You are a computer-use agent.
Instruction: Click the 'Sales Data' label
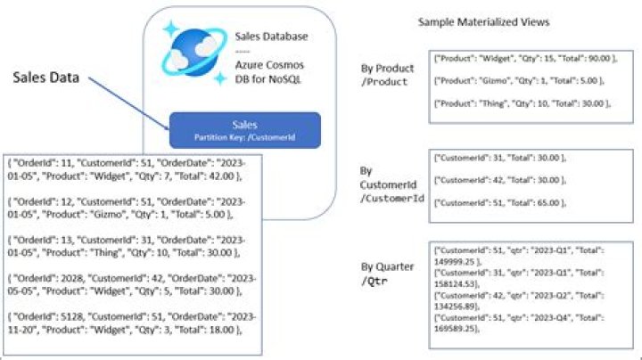[46, 78]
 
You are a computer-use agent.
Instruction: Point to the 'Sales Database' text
[271, 37]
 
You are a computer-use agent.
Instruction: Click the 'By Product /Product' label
[381, 75]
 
